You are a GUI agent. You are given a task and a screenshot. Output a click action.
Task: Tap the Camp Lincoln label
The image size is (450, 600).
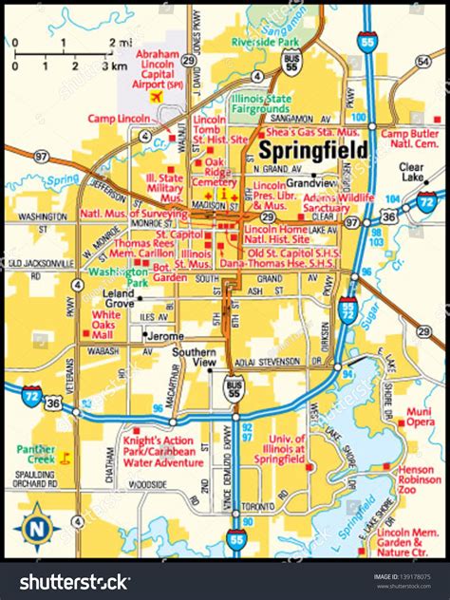118,119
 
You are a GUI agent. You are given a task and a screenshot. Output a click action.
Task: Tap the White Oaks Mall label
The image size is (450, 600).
106,320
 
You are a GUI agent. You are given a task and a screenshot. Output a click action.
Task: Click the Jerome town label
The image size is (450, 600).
166,335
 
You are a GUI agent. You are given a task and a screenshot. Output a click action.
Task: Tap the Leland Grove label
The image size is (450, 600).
119,299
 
